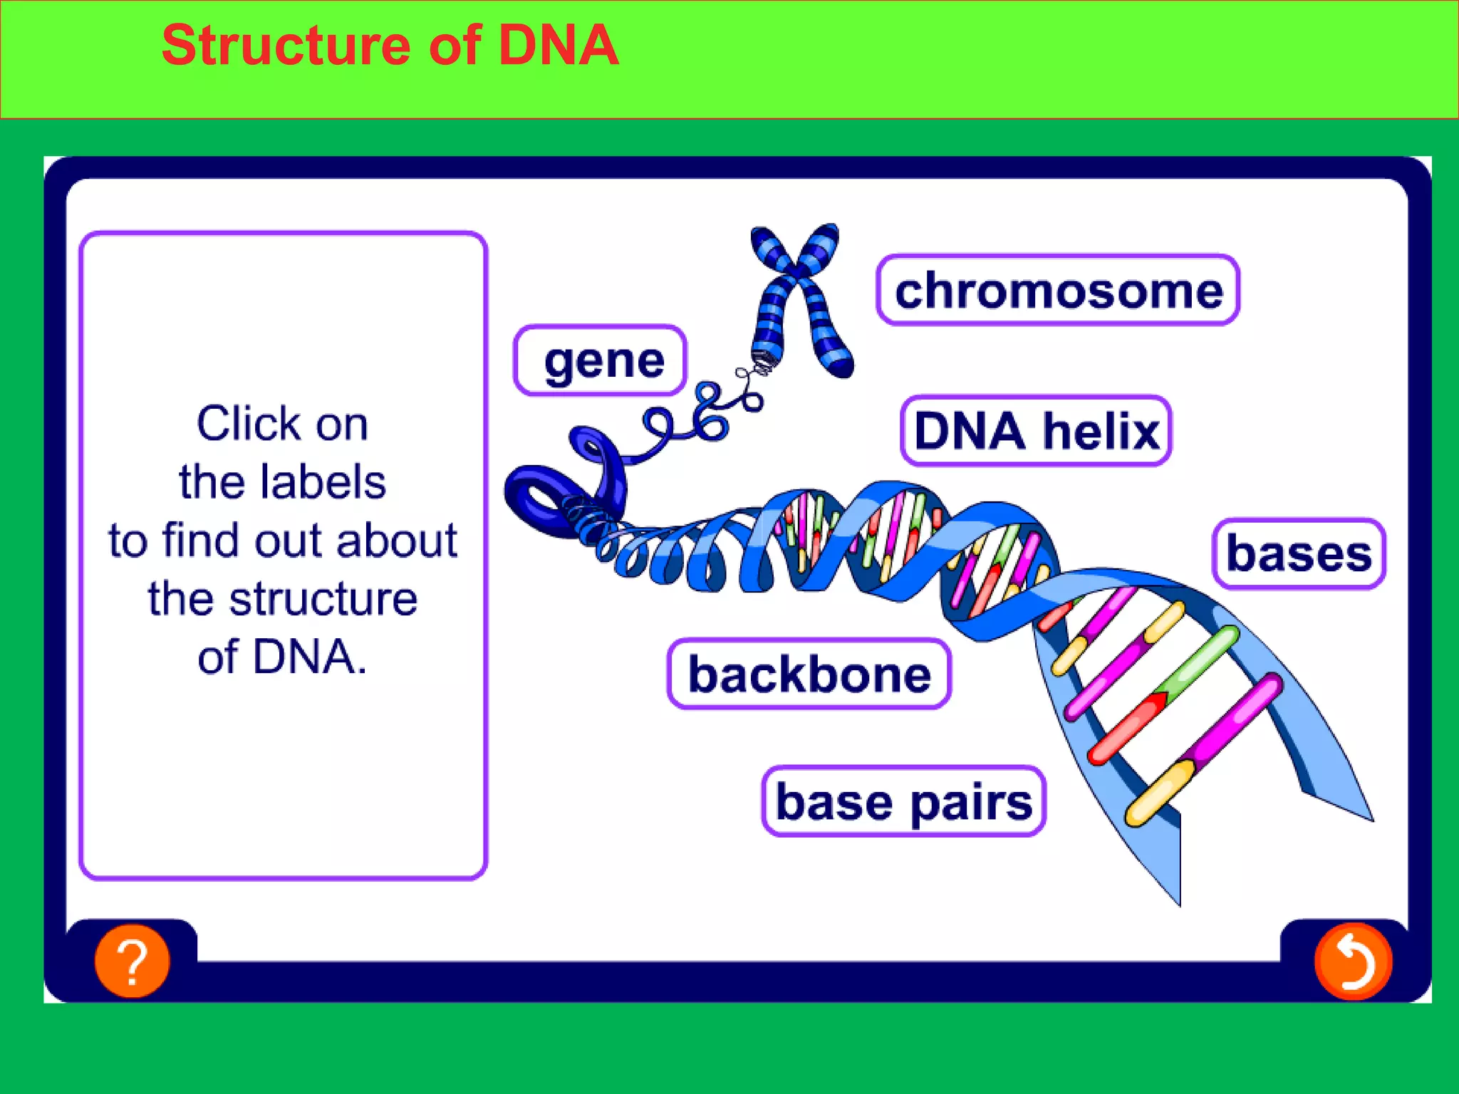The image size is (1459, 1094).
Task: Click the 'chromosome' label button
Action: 1058,291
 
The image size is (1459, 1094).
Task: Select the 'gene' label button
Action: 600,360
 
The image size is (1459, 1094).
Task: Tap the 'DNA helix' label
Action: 1036,431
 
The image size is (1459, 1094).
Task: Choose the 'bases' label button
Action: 1298,554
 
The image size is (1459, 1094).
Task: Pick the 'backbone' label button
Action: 809,674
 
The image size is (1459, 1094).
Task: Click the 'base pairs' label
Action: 903,801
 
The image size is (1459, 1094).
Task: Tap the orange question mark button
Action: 133,961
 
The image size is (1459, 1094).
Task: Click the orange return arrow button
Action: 1352,961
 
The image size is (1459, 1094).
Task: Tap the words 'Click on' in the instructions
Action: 282,424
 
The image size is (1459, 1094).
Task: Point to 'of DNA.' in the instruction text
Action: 282,657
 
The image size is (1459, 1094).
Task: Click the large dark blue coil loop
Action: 541,495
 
